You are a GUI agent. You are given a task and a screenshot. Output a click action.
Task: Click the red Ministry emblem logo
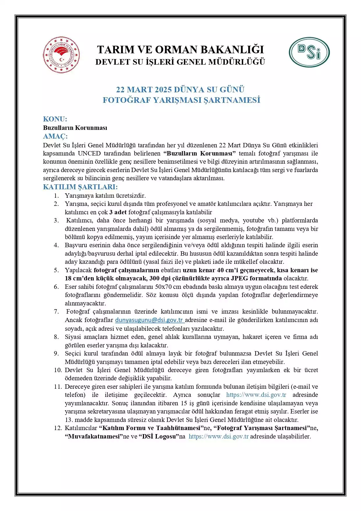pyautogui.click(x=61, y=55)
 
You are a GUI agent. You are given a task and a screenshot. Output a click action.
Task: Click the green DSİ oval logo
pyautogui.click(x=309, y=52)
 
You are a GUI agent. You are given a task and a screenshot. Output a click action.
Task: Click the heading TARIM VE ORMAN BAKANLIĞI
pyautogui.click(x=180, y=49)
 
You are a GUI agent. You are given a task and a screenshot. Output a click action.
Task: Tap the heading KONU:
pyautogui.click(x=55, y=119)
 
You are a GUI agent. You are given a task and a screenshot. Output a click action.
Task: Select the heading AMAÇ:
pyautogui.click(x=55, y=136)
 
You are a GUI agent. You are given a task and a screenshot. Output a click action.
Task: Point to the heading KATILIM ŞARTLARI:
pyautogui.click(x=80, y=187)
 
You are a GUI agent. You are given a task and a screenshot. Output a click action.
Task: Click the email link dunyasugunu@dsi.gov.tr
pyautogui.click(x=150, y=320)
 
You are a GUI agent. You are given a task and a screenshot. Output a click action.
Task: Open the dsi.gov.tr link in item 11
pyautogui.click(x=256, y=395)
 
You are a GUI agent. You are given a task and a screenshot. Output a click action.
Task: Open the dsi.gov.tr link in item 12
pyautogui.click(x=218, y=436)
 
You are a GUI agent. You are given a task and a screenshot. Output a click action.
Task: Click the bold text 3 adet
pyautogui.click(x=118, y=212)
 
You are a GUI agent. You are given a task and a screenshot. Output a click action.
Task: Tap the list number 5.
pyautogui.click(x=56, y=270)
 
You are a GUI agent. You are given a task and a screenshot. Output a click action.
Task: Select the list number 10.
pyautogui.click(x=58, y=370)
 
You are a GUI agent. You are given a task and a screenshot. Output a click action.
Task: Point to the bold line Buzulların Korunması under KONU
pyautogui.click(x=75, y=128)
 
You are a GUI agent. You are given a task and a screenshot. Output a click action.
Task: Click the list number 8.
pyautogui.click(x=56, y=337)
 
